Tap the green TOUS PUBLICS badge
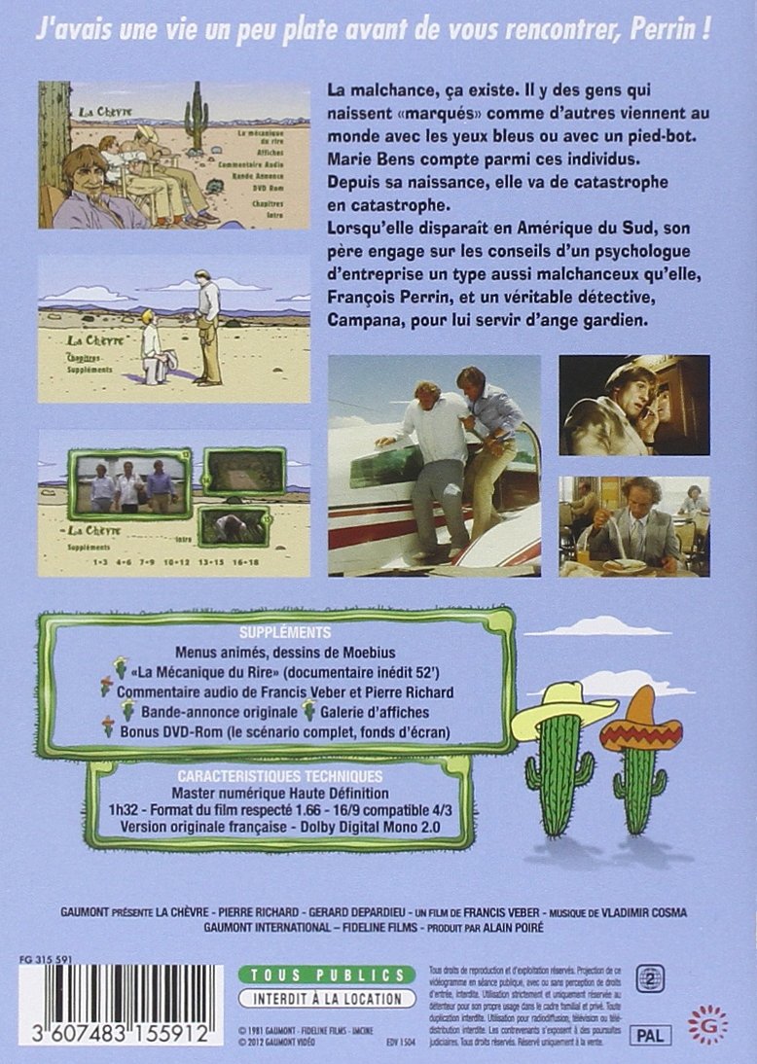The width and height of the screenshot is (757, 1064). pos(321,975)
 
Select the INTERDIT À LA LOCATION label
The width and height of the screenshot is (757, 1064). pos(321,999)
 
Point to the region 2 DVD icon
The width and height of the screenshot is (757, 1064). pos(643,978)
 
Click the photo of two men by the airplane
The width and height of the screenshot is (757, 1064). pos(434,465)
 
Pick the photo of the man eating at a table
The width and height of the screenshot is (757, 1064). pos(633,526)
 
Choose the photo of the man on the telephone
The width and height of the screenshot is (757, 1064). pos(633,405)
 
